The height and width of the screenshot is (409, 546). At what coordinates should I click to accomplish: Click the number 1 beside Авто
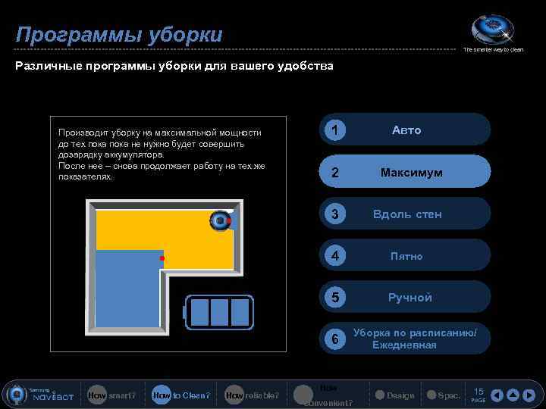334,131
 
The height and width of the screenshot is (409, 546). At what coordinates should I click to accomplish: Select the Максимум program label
412,173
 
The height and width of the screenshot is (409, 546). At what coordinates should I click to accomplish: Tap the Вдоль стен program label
407,214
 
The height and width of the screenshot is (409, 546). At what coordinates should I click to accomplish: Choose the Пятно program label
407,256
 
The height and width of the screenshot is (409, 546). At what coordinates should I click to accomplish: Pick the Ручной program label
410,298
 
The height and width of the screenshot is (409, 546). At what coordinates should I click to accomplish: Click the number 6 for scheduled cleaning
334,339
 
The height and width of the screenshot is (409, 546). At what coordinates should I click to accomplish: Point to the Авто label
406,130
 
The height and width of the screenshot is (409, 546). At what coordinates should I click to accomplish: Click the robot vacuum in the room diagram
220,220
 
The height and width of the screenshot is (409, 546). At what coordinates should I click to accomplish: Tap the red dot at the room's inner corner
162,258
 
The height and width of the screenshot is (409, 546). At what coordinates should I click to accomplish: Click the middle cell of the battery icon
219,311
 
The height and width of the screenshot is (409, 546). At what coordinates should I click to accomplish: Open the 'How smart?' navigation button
111,395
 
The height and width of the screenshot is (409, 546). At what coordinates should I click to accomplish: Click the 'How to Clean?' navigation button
180,395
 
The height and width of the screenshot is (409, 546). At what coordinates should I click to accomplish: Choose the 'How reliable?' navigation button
252,395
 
